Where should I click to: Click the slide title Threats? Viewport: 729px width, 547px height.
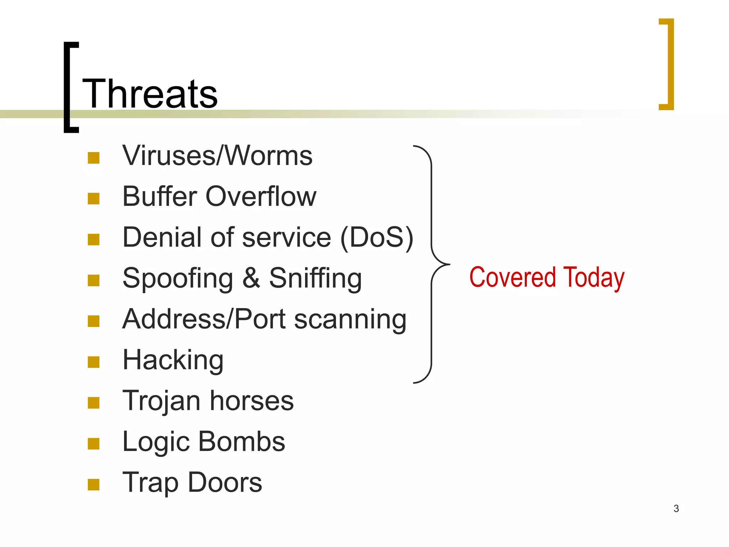point(150,94)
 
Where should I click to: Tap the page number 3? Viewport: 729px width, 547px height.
point(676,509)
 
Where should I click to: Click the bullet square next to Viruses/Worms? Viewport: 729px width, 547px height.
point(93,158)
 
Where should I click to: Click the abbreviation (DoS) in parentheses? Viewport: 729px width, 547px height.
point(377,238)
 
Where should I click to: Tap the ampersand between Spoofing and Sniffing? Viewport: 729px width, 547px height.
point(251,278)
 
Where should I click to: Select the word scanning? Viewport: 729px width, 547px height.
point(350,319)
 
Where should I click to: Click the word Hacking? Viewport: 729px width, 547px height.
point(173,360)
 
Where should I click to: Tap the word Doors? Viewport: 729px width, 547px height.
point(225,483)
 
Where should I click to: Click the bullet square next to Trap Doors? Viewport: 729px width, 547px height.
point(93,484)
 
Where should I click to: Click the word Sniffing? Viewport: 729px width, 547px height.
point(315,278)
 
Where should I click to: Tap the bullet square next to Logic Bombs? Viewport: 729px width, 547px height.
point(93,444)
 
